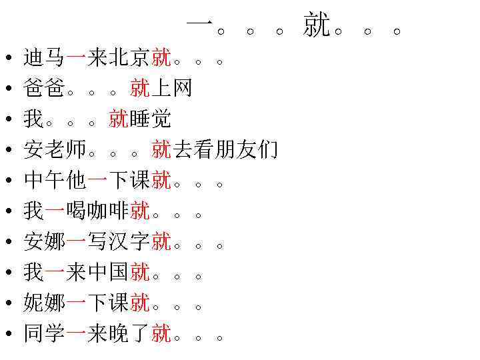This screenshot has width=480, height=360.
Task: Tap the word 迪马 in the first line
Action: pyautogui.click(x=44, y=58)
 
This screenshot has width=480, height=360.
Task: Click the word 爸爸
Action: pyautogui.click(x=44, y=88)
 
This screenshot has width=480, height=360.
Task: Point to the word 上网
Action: pyautogui.click(x=172, y=88)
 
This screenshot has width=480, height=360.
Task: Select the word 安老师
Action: pyautogui.click(x=55, y=150)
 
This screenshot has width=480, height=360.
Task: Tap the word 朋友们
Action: pyautogui.click(x=247, y=150)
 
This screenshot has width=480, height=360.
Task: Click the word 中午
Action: pyautogui.click(x=44, y=181)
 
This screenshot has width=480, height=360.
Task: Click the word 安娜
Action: pyautogui.click(x=44, y=241)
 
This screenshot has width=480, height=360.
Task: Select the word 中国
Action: pyautogui.click(x=108, y=272)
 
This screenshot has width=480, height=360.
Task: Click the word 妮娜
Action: pyautogui.click(x=44, y=303)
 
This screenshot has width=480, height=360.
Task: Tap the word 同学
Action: pyautogui.click(x=44, y=333)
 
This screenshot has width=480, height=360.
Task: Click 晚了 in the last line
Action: pyautogui.click(x=129, y=333)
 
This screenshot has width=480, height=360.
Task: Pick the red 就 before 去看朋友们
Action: pyautogui.click(x=161, y=150)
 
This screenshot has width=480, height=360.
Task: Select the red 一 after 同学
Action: pyautogui.click(x=76, y=333)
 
